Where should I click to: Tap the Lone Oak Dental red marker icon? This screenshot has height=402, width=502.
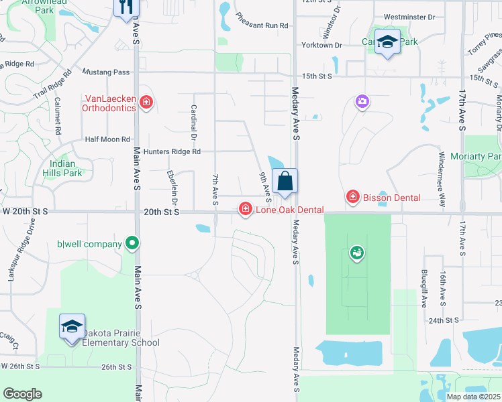point(246,210)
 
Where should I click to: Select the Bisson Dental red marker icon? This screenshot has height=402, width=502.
point(352,197)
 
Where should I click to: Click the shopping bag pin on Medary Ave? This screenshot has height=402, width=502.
point(285,182)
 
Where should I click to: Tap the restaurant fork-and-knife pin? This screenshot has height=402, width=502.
point(125,7)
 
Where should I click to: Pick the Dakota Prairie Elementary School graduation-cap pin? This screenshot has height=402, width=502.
point(72,328)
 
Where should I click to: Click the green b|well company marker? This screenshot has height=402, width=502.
point(133,244)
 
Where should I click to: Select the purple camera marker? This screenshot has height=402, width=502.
point(362,101)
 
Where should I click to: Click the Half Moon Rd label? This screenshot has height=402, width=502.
point(107,139)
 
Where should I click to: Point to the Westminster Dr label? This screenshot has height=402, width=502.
point(409,16)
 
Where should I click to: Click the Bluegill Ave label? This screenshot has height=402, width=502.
point(424,289)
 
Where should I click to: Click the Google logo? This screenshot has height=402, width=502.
point(22,394)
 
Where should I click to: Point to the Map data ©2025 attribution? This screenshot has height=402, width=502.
point(472,397)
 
